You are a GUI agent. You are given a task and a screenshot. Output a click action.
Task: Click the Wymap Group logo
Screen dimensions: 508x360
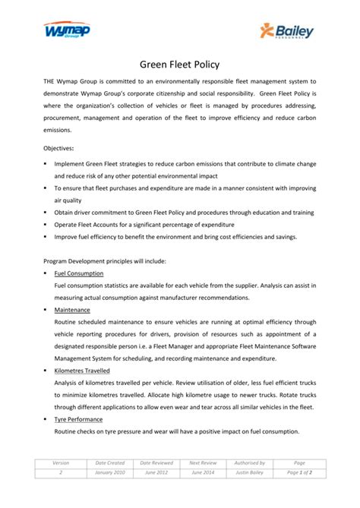pos(66,31)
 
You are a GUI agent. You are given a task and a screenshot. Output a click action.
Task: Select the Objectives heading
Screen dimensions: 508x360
pos(62,150)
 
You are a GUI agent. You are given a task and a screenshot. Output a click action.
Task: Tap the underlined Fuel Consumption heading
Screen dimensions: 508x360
pos(79,273)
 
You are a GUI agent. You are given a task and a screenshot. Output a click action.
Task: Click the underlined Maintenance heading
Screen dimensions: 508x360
pos(72,310)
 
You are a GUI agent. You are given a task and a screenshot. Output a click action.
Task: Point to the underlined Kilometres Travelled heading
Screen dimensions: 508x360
pos(82,371)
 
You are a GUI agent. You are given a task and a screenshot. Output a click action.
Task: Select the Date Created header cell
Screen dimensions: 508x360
pos(110,462)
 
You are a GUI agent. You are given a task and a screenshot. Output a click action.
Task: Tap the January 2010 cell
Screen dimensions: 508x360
pos(110,472)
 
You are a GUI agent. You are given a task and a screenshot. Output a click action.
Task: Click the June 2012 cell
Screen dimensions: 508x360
pos(156,472)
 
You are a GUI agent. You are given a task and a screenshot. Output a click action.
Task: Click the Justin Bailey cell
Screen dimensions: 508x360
pos(250,472)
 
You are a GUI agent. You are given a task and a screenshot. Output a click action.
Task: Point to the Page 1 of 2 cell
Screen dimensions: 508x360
pos(298,472)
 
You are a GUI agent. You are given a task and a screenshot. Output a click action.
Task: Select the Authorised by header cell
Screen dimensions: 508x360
pos(250,462)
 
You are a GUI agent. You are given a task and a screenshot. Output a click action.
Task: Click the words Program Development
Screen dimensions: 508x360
pos(75,260)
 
